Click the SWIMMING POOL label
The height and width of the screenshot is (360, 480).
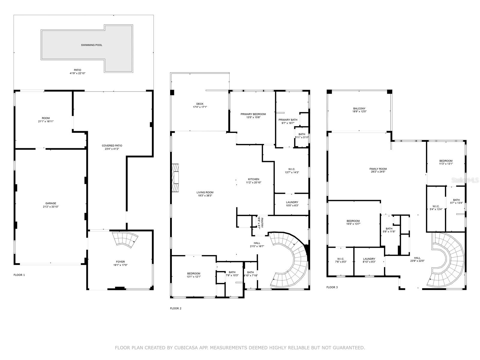(91, 45)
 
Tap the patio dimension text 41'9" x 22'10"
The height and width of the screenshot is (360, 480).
(77, 73)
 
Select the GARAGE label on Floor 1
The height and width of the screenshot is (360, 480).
(51, 203)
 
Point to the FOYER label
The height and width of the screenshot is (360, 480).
(120, 262)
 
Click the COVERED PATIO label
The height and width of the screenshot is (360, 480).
(112, 145)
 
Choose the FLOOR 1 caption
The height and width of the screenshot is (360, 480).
(19, 275)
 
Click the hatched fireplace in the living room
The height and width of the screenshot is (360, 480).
(175, 178)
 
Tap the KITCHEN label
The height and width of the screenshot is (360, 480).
(253, 179)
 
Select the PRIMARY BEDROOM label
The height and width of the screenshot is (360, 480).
(253, 114)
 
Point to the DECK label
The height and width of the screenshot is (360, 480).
(200, 104)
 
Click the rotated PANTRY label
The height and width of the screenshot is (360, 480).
(262, 223)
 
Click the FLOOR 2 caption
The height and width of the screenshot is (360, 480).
(175, 308)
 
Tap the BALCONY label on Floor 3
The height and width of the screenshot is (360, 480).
(359, 108)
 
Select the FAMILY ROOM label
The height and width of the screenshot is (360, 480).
(378, 169)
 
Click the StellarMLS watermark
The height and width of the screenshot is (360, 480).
(465, 180)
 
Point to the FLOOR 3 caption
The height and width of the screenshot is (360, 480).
(332, 287)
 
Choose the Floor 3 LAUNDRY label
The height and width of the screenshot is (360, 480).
(369, 259)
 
